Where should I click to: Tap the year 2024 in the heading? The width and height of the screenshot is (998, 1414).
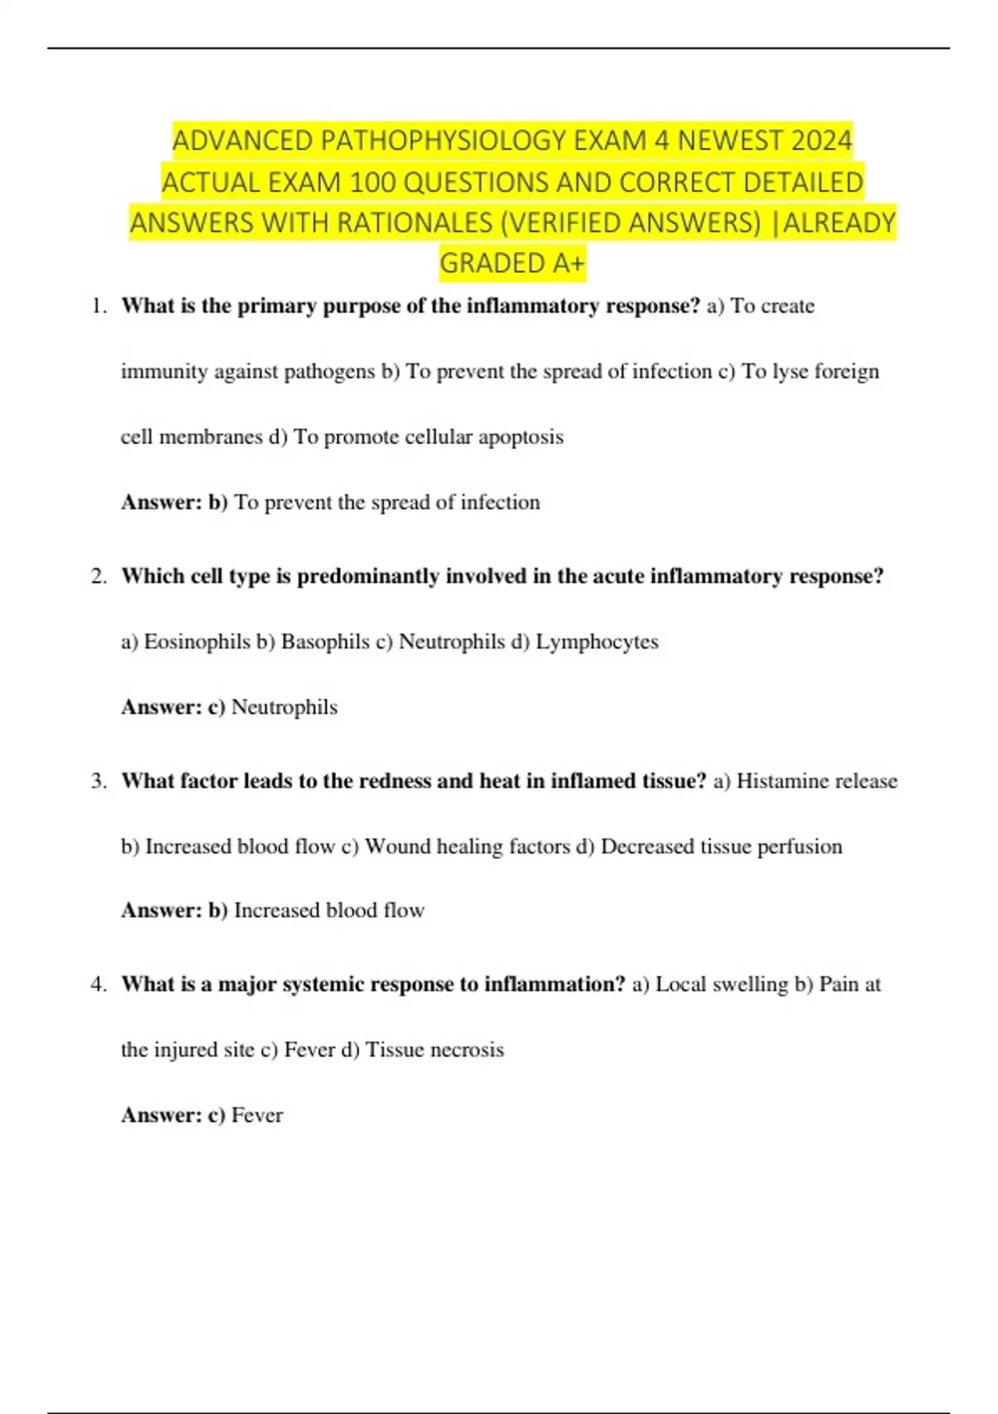[822, 141]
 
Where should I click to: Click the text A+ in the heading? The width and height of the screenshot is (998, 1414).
[569, 264]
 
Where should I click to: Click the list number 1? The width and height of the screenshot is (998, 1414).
[99, 306]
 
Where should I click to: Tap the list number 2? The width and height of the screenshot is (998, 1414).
[99, 576]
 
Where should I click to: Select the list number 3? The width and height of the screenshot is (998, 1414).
[99, 781]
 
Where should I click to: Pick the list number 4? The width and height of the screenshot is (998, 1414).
[99, 985]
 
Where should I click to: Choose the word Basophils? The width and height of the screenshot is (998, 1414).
[325, 642]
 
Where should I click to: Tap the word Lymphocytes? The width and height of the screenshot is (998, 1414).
[597, 642]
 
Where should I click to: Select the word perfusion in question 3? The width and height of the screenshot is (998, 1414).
[800, 847]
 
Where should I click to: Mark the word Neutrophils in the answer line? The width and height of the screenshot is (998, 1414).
[284, 707]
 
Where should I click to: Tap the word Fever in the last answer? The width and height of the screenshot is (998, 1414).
[257, 1115]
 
